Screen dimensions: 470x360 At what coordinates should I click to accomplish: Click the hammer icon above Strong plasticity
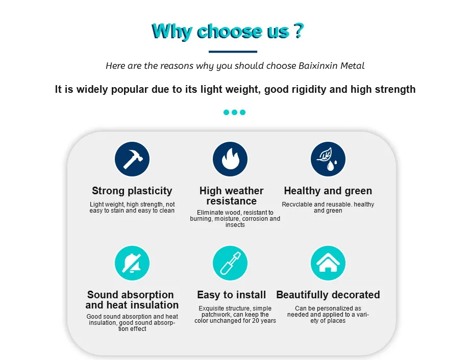[132, 159]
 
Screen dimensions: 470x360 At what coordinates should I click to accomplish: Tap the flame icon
[230, 159]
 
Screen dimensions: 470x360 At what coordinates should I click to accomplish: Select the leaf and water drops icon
[328, 159]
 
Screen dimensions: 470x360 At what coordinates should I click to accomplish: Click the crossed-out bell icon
[132, 263]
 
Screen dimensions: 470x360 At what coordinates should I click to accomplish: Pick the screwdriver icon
[230, 263]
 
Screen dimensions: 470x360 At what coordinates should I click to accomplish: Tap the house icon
[328, 263]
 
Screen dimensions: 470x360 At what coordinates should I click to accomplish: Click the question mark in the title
[298, 31]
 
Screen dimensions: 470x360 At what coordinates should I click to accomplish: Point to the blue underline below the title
[233, 52]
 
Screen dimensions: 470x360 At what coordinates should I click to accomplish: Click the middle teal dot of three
[234, 112]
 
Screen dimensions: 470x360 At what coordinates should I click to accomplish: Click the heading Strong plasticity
[132, 191]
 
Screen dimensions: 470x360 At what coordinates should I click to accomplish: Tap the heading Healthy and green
[328, 191]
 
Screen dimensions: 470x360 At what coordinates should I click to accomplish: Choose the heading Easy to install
[231, 295]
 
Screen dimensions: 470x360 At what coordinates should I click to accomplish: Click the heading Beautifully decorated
[328, 295]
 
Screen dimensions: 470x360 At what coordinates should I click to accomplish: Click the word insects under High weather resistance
[235, 225]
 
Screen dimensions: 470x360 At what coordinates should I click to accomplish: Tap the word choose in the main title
[229, 32]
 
